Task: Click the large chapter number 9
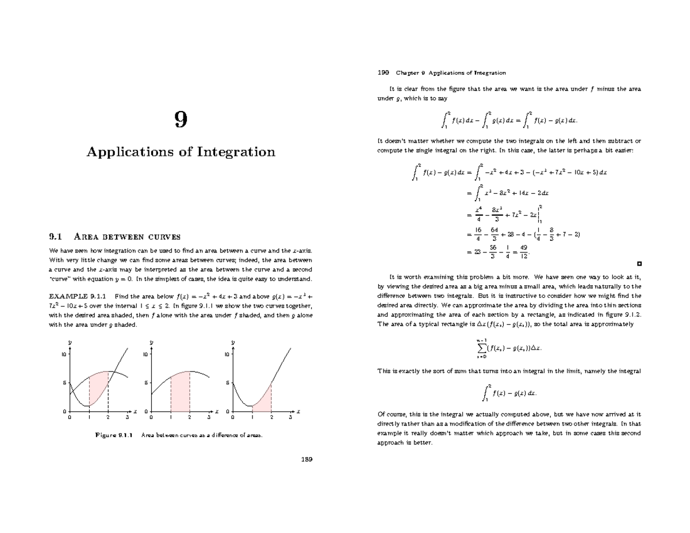tap(181, 120)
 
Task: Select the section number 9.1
tap(55, 236)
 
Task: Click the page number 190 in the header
tap(383, 72)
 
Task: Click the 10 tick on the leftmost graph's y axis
tap(63, 354)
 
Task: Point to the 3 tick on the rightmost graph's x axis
tap(290, 418)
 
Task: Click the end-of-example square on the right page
tap(639, 264)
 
